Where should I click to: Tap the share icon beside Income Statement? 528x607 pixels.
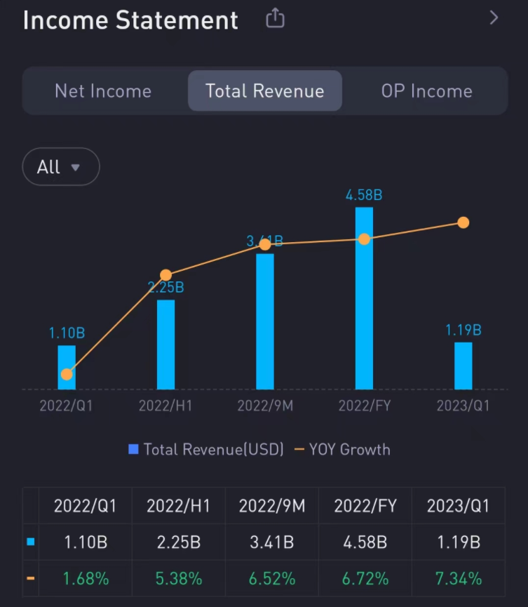click(x=275, y=18)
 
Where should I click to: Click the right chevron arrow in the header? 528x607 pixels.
click(x=494, y=18)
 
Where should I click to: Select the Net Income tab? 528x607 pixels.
click(x=103, y=91)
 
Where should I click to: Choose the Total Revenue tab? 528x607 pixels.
click(x=264, y=91)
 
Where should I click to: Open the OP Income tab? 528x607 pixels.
click(x=426, y=91)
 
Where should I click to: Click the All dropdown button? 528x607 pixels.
click(x=60, y=167)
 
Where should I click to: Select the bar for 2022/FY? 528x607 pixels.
click(x=364, y=298)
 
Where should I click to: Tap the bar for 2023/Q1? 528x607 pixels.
click(x=463, y=366)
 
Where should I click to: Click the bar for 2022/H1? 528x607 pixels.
click(x=165, y=344)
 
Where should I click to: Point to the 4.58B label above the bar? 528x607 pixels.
click(x=364, y=195)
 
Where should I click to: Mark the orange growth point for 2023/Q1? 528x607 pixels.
click(x=463, y=222)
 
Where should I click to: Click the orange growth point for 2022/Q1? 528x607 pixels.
click(x=67, y=374)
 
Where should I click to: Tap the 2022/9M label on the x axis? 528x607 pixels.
click(x=265, y=406)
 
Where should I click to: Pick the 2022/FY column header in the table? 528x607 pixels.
click(x=364, y=506)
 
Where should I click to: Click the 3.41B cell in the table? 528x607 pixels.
click(x=271, y=542)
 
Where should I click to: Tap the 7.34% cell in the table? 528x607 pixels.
click(x=457, y=579)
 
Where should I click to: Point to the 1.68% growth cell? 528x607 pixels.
click(x=86, y=579)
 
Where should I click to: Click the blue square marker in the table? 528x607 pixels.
click(x=30, y=542)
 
